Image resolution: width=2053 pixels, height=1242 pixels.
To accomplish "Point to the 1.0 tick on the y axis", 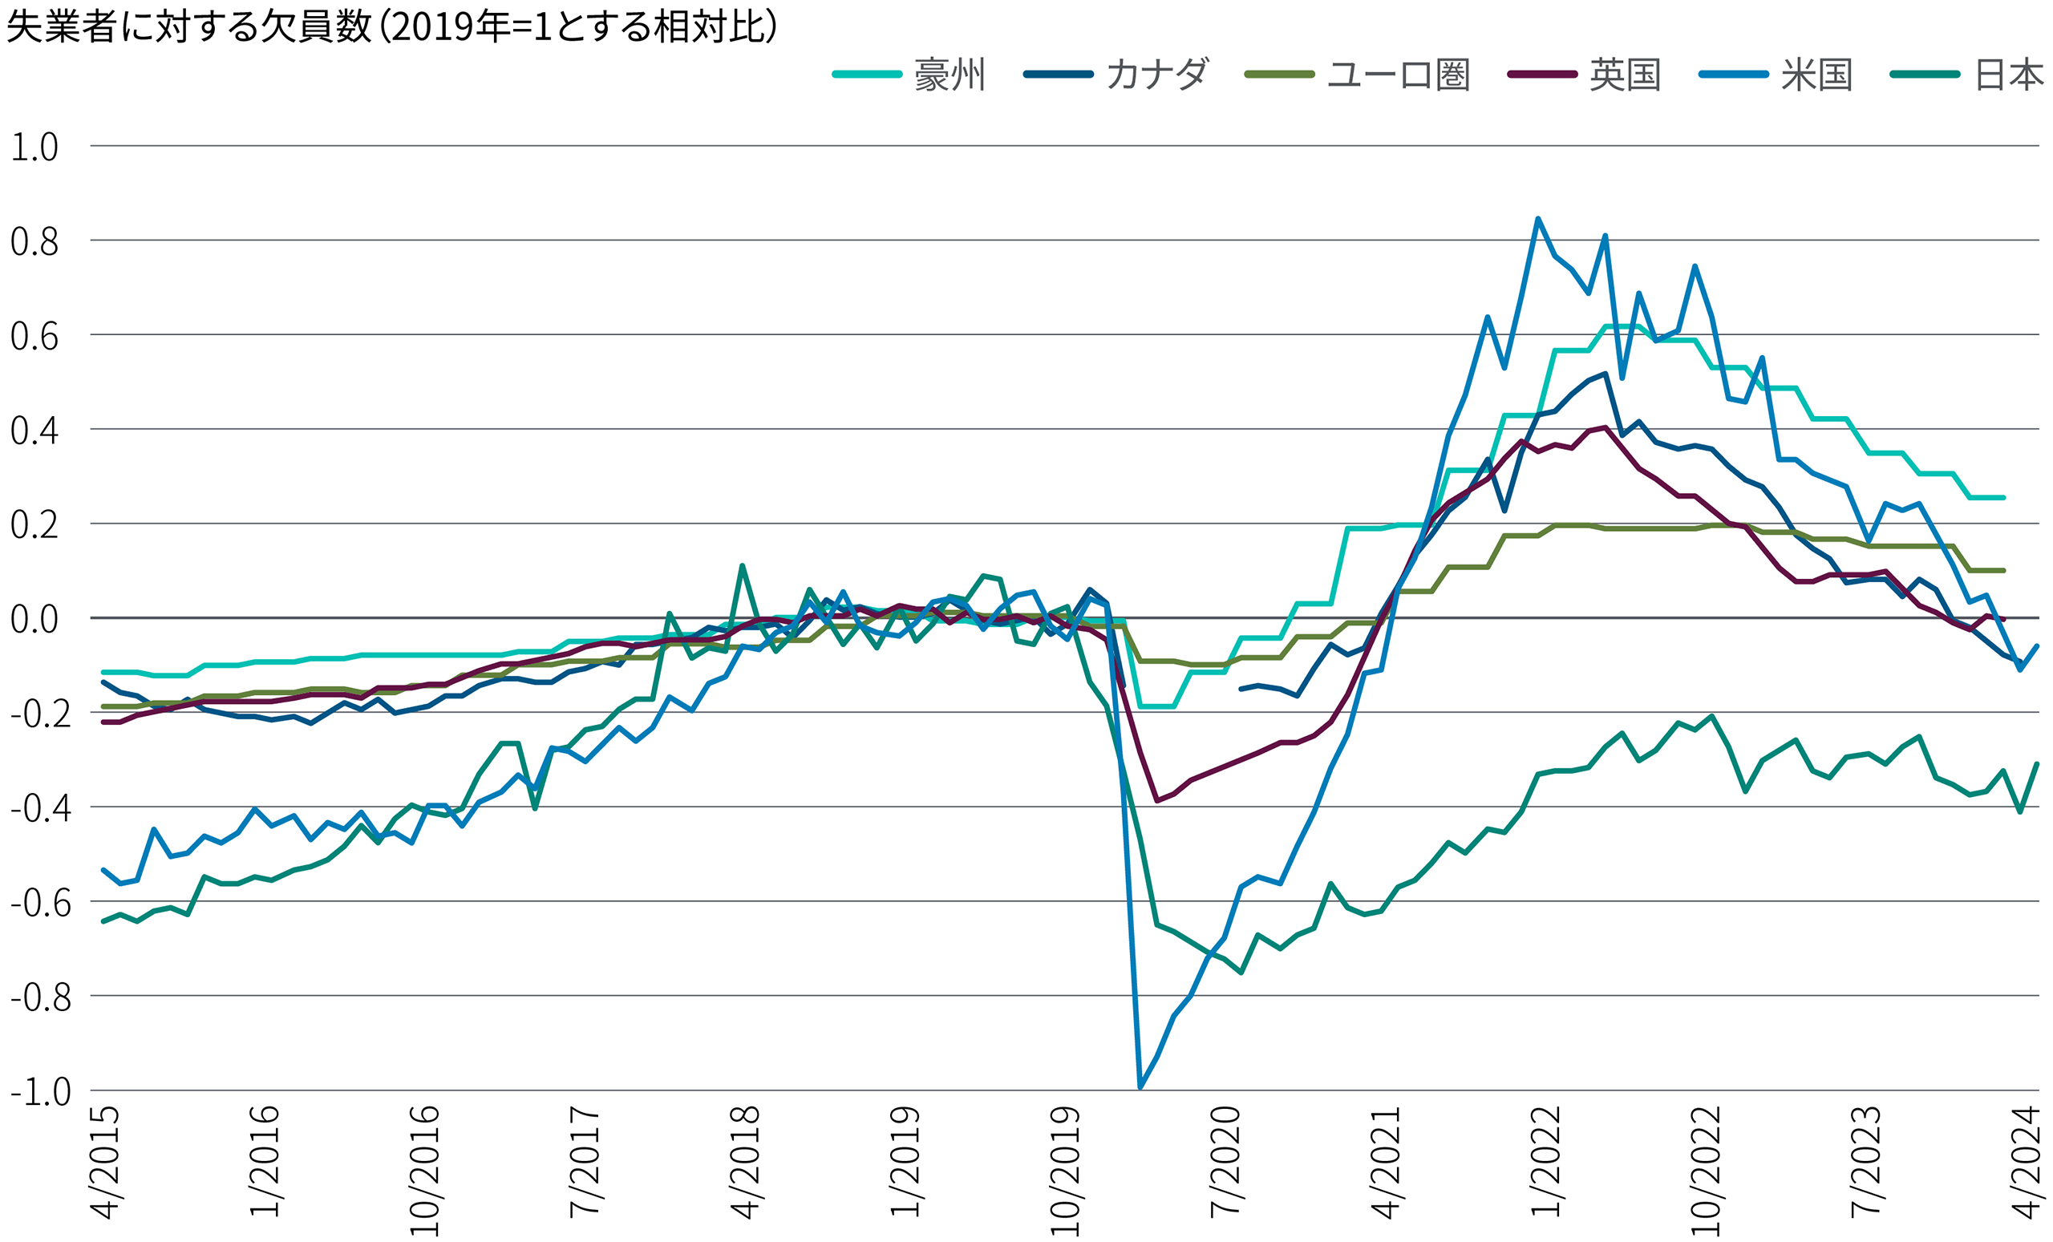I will click(34, 147).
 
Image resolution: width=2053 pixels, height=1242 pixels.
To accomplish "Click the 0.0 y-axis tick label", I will click(34, 619).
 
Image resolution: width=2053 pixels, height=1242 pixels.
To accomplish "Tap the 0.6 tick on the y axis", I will click(34, 336).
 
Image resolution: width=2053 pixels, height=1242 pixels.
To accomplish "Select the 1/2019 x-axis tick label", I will click(905, 1162).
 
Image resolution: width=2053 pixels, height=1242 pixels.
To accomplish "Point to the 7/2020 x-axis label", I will click(1225, 1162).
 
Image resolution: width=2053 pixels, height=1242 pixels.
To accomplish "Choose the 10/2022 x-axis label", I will click(1706, 1171).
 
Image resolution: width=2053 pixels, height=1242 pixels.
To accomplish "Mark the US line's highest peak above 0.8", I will click(1537, 219).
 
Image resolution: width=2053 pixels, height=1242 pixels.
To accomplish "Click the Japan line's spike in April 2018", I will click(742, 566).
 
